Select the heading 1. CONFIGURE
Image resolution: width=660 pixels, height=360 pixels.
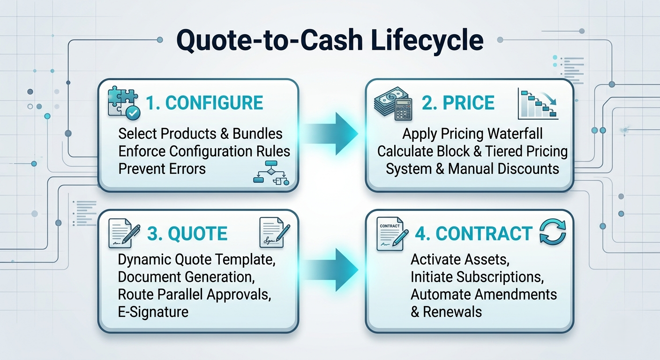(204, 103)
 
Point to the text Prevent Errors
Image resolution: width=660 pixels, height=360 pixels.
(162, 169)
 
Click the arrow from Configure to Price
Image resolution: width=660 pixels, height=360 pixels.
(330, 134)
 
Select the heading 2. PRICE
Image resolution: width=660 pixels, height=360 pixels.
(458, 103)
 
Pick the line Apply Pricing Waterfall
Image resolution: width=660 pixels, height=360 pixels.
(472, 134)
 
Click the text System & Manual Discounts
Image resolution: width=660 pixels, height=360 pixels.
(472, 169)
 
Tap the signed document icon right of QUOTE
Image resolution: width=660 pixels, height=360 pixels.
(275, 232)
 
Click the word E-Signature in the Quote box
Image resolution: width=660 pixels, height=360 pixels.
(153, 312)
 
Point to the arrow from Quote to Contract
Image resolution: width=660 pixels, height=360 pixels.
(330, 270)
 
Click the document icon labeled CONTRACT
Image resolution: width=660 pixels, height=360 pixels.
(392, 234)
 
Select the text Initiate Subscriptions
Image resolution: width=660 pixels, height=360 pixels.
(477, 277)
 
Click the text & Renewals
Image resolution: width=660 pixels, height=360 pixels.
(446, 312)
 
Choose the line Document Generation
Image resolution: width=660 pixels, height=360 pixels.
(186, 277)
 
